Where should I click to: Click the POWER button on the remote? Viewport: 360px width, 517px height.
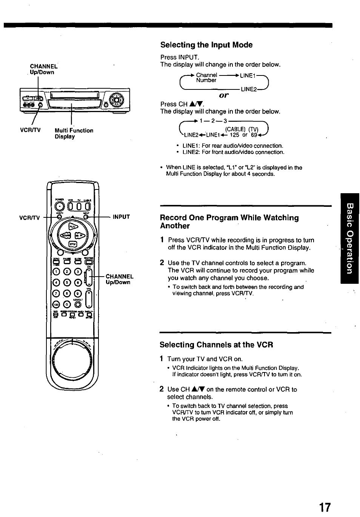coord(60,206)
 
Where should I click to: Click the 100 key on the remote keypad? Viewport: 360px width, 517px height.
coord(56,304)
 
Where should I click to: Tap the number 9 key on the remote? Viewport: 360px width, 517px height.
coord(78,293)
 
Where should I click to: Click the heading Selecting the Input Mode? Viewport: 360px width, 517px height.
coord(206,45)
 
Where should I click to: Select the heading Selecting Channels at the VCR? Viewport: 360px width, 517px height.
coord(216,345)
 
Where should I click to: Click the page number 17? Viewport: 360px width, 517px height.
coord(325,507)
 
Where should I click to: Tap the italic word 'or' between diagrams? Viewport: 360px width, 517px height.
coord(224,95)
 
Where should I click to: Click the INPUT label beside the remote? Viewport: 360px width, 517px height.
coord(121,217)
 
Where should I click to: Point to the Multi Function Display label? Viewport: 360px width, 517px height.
coord(74,133)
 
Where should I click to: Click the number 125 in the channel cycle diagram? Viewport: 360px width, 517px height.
coord(234,135)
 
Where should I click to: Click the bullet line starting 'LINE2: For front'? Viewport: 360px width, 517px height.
coord(233,152)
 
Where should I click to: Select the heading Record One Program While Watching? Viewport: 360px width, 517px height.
coord(229,222)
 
